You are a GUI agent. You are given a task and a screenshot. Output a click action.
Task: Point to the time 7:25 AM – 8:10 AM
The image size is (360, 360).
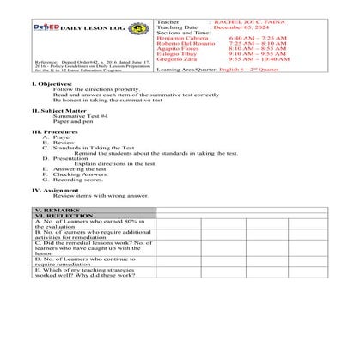tap(257, 44)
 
